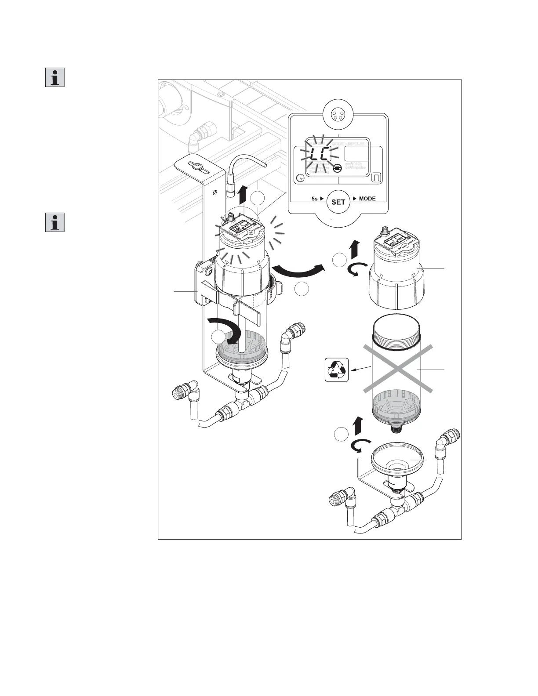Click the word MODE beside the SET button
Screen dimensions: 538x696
(367, 199)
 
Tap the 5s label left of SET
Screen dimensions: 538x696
(315, 199)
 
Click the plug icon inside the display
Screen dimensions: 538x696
(338, 168)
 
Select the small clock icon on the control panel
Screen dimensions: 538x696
(300, 178)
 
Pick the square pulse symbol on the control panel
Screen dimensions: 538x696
(376, 178)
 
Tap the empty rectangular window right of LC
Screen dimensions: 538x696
(356, 154)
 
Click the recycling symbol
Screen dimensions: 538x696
(336, 370)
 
